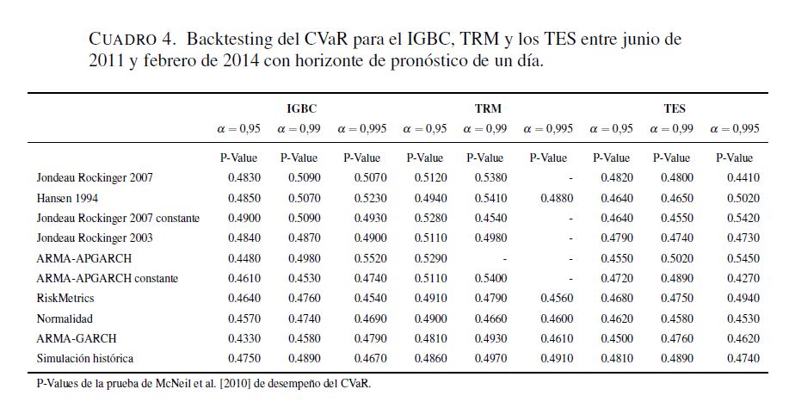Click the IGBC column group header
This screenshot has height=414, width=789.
point(301,109)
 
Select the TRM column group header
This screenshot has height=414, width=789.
point(488,109)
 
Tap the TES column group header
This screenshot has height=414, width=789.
point(675,109)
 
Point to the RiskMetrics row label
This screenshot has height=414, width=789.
point(65,298)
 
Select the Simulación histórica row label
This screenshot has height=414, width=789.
point(85,357)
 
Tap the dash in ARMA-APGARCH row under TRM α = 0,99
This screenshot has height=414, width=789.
point(504,257)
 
